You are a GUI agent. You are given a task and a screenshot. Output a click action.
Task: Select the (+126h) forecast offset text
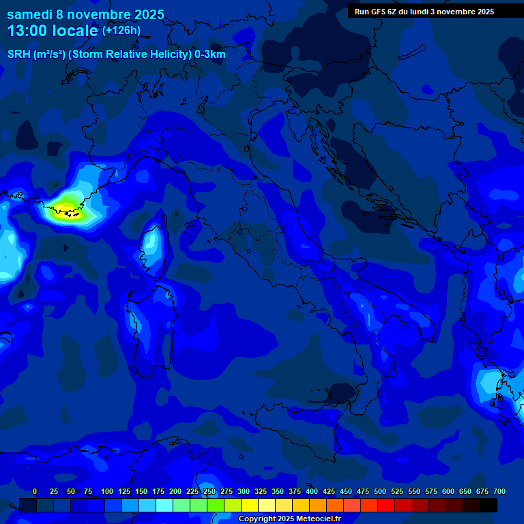pyautogui.click(x=121, y=31)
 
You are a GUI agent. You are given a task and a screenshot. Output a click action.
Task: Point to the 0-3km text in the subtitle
pyautogui.click(x=209, y=55)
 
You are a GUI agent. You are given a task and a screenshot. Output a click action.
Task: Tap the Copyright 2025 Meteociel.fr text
pyautogui.click(x=289, y=519)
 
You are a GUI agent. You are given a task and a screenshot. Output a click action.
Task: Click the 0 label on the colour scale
pyautogui.click(x=35, y=491)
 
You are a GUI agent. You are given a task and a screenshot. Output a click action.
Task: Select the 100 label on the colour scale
pyautogui.click(x=107, y=491)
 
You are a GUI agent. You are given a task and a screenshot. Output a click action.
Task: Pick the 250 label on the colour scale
pyautogui.click(x=209, y=491)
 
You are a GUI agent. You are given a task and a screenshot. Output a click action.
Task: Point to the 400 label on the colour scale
pyautogui.click(x=312, y=491)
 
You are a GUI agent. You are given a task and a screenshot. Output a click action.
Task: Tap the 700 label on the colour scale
pyautogui.click(x=499, y=491)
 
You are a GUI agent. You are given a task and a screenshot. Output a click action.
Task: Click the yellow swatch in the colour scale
pyautogui.click(x=250, y=505)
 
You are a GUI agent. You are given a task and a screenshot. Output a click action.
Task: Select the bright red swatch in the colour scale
pyautogui.click(x=386, y=505)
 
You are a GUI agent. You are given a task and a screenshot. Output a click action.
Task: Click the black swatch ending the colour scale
pyautogui.click(x=489, y=505)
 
